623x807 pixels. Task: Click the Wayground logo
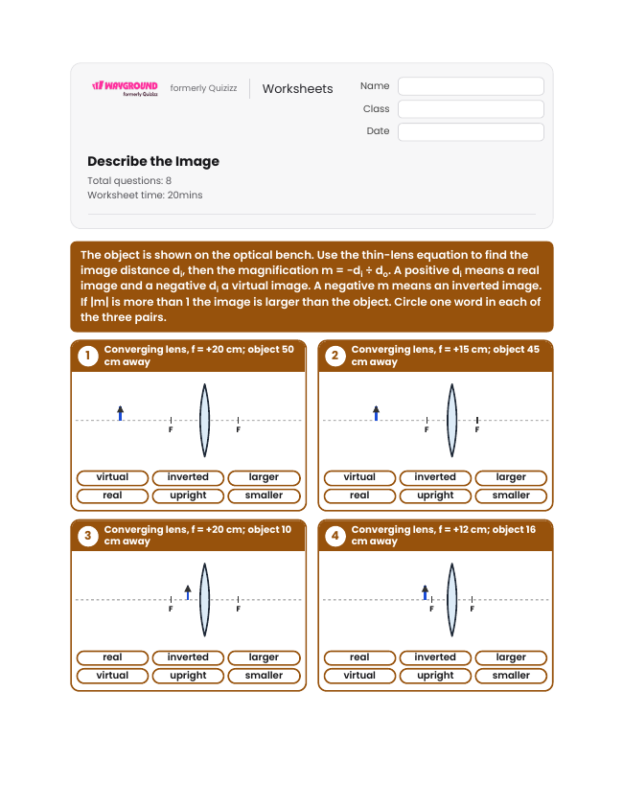[x=126, y=88]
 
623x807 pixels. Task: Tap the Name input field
[x=471, y=86]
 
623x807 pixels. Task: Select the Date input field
[x=471, y=131]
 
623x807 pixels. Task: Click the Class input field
[x=471, y=109]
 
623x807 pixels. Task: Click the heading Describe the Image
[x=153, y=162]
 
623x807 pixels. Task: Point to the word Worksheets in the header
[x=297, y=89]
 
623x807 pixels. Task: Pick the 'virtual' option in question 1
[x=112, y=477]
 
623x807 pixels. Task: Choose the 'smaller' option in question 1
[x=264, y=496]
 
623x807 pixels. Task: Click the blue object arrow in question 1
[x=121, y=413]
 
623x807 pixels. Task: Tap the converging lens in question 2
[x=451, y=421]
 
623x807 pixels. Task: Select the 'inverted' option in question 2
[x=435, y=477]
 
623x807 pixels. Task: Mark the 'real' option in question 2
[x=359, y=496]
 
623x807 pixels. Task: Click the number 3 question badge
[x=88, y=536]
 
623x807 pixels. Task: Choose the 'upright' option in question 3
[x=188, y=676]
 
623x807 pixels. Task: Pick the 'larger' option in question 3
[x=264, y=657]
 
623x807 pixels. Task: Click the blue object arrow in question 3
[x=188, y=592]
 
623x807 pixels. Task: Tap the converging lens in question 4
[x=451, y=600]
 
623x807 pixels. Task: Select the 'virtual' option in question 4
[x=359, y=676]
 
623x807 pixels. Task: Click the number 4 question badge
[x=335, y=536]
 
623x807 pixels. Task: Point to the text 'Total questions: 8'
[x=129, y=180]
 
